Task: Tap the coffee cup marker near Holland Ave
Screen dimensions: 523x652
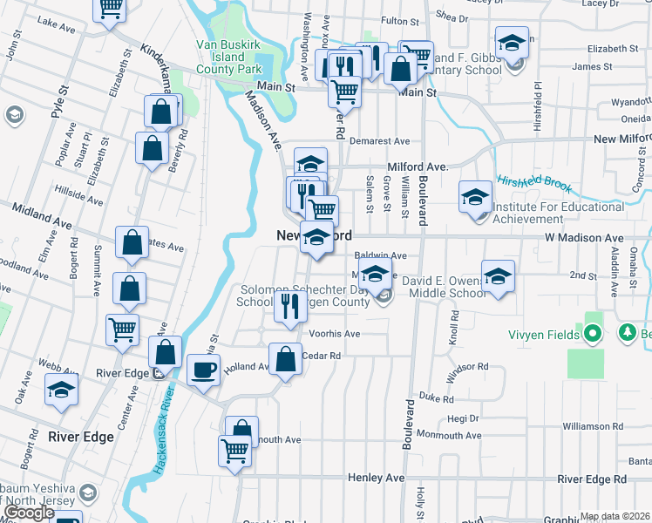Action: [x=204, y=370]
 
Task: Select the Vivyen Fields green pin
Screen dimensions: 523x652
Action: [x=593, y=334]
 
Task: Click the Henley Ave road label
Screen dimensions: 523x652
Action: [x=377, y=478]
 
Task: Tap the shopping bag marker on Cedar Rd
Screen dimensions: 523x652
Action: [x=285, y=359]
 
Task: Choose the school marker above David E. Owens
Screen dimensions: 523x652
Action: [x=498, y=276]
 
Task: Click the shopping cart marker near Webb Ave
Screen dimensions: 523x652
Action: [x=122, y=329]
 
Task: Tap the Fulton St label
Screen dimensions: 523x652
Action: [x=401, y=20]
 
